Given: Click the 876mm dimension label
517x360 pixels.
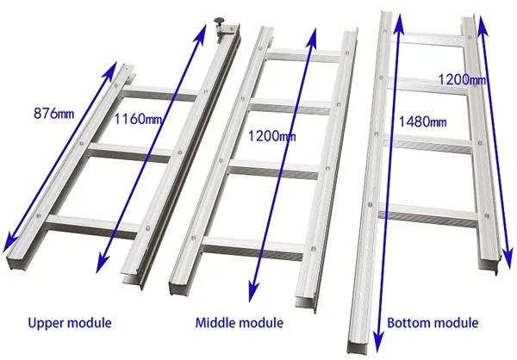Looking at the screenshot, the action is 53,114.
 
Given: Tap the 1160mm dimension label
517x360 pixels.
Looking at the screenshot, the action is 138,119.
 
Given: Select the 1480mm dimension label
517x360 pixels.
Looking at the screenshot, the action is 423,122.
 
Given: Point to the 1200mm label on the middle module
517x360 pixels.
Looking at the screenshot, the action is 271,136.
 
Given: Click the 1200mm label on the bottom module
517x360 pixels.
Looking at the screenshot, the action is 462,79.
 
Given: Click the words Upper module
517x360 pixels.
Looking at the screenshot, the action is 70,323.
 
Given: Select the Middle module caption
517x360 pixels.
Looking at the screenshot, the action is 240,323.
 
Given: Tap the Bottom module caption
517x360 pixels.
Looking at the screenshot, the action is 433,323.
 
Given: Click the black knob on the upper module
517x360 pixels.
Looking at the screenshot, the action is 219,21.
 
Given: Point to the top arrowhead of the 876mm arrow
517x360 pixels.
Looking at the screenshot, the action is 111,68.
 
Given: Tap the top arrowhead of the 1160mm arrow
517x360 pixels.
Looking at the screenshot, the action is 201,31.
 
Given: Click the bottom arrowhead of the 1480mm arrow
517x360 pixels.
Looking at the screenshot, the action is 379,343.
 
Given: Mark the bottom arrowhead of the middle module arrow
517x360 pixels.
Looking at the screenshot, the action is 252,293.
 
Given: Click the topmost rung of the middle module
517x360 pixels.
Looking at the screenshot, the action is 303,55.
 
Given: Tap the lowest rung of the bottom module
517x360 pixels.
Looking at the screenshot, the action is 428,215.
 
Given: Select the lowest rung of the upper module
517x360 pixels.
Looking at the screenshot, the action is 93,226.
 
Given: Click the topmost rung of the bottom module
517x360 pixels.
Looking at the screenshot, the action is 428,39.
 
